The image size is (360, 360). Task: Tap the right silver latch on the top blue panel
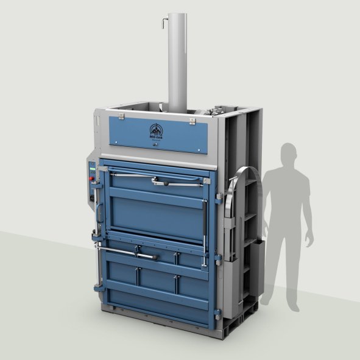click(x=192, y=122)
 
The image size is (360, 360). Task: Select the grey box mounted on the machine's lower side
click(x=256, y=268)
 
